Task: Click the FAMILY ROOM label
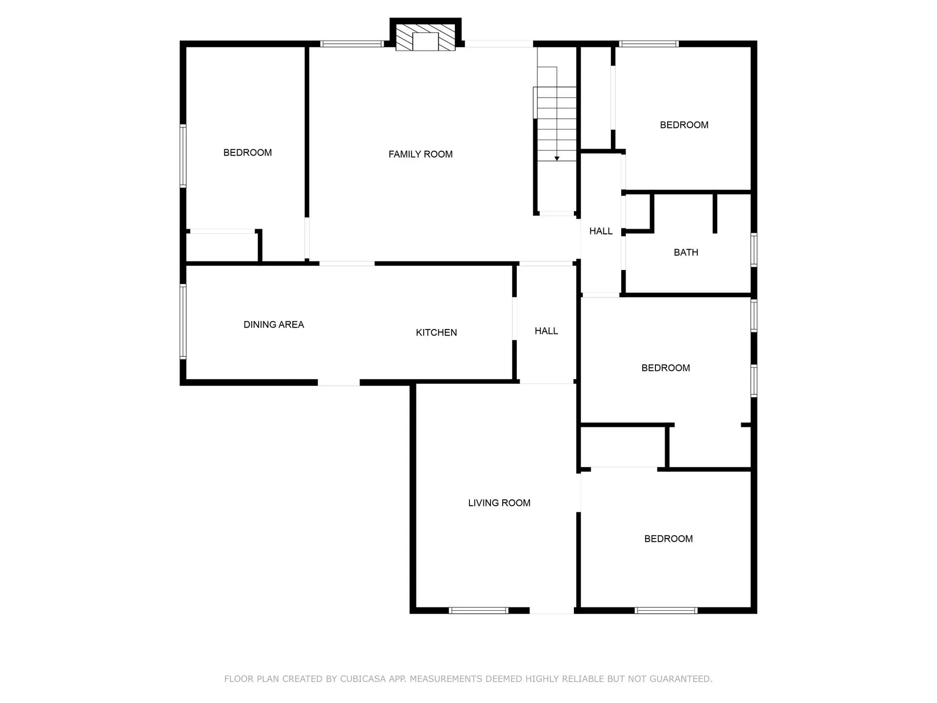coord(420,154)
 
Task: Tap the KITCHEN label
coord(436,332)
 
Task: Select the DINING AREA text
coord(274,325)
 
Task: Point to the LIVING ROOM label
coord(499,503)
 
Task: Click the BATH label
coord(686,252)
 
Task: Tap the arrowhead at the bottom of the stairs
coord(557,159)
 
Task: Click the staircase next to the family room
coord(556,114)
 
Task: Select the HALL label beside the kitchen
coord(546,331)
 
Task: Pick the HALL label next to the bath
coord(601,231)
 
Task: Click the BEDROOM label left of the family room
coord(247,153)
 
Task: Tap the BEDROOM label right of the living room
coord(669,539)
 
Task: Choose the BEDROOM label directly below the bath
coord(666,368)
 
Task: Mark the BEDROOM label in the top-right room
coord(684,125)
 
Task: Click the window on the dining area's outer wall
coord(183,322)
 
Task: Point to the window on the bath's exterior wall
coord(754,250)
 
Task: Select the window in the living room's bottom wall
coord(478,610)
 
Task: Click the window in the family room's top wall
coord(351,44)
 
